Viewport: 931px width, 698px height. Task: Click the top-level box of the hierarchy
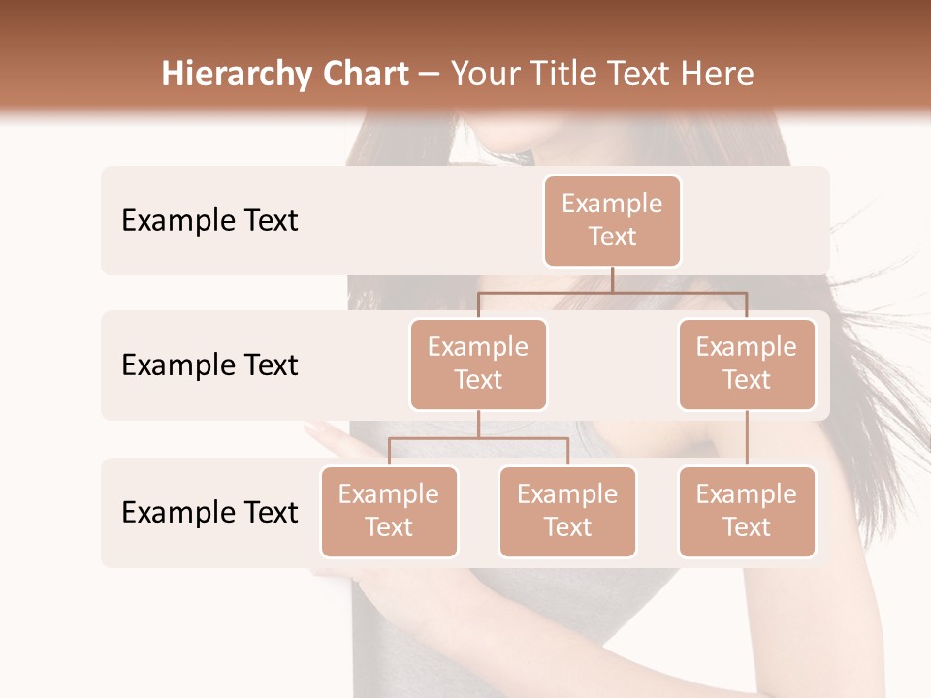(612, 220)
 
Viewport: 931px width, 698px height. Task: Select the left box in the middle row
(478, 364)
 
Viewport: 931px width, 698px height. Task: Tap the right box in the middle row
(747, 364)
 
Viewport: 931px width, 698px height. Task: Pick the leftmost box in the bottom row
(389, 511)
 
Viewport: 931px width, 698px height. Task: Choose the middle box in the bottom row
(567, 511)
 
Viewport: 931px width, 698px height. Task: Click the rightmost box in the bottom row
(747, 511)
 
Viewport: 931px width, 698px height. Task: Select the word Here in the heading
(717, 75)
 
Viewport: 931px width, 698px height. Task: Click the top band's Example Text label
(209, 221)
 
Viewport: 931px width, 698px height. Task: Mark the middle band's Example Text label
(209, 365)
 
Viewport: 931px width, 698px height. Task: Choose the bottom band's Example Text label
(209, 513)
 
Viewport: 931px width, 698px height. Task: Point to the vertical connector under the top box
(612, 279)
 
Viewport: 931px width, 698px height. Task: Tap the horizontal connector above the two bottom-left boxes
(478, 438)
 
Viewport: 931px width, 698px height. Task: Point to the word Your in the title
(485, 75)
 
